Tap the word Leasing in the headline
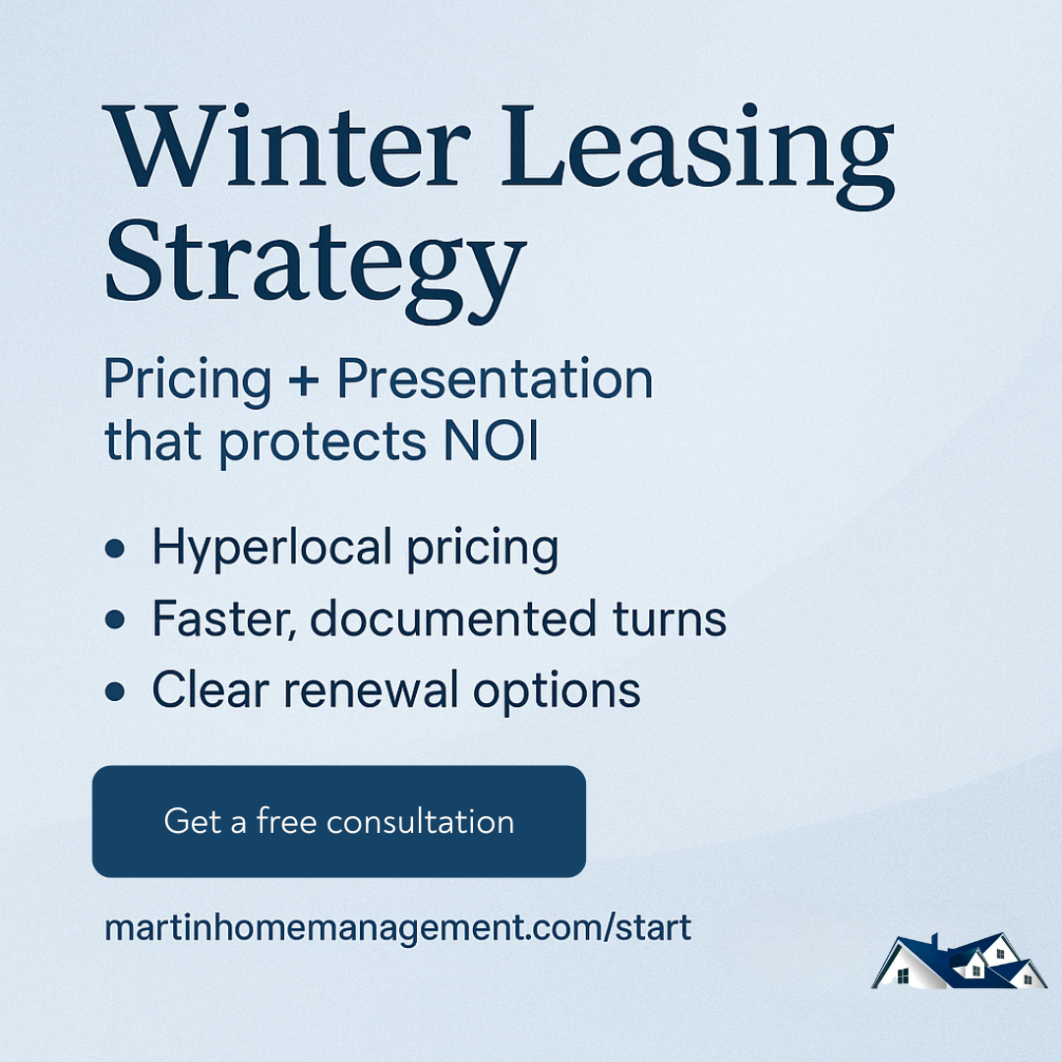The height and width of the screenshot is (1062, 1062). click(x=697, y=155)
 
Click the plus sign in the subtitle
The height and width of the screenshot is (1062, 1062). click(x=304, y=380)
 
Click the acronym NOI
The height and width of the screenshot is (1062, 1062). click(x=491, y=441)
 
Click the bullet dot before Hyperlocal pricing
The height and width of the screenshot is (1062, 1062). click(x=115, y=548)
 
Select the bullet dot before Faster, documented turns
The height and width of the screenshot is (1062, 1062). click(x=115, y=619)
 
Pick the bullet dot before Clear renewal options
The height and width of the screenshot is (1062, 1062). click(x=115, y=691)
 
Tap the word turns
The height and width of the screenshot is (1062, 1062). click(x=670, y=619)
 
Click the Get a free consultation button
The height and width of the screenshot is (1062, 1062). click(x=338, y=821)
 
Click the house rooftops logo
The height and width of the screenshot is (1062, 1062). click(x=959, y=961)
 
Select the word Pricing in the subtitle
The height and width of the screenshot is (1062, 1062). click(x=188, y=381)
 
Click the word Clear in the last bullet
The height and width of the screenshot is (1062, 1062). click(x=210, y=689)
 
